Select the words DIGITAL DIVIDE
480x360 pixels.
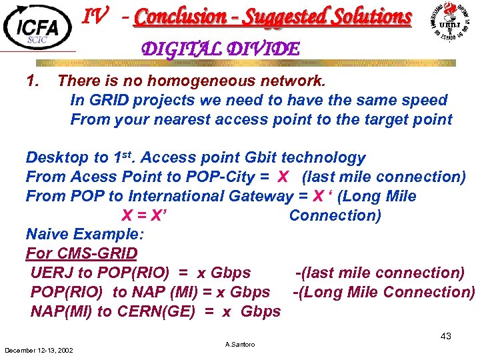221,49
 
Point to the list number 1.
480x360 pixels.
31,81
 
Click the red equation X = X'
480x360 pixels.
143,215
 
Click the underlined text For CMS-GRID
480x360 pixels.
81,254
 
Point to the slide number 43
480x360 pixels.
445,336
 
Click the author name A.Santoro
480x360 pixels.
240,345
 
